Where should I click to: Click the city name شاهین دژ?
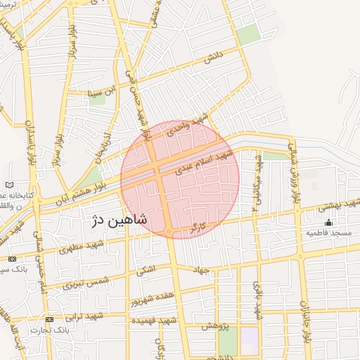[x=120, y=220]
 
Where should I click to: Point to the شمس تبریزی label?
[x=87, y=283]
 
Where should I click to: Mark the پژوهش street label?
[x=213, y=326]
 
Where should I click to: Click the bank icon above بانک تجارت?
[x=49, y=320]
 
